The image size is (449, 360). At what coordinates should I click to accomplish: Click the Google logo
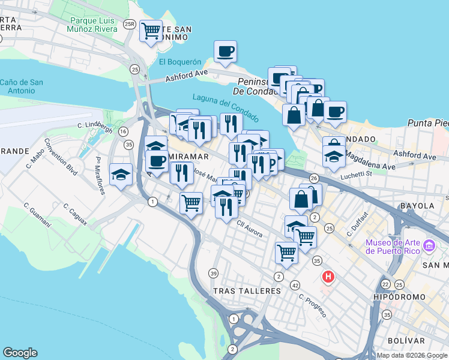(20, 353)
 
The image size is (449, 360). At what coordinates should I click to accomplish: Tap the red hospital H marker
(328, 277)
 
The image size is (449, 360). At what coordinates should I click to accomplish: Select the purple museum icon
(429, 246)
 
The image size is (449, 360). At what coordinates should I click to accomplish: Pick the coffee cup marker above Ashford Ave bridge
(225, 52)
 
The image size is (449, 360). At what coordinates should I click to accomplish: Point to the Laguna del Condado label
(225, 107)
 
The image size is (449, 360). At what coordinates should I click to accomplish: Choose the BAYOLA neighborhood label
(417, 205)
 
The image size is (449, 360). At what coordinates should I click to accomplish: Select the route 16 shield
(123, 131)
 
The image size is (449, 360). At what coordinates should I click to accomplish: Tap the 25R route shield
(129, 24)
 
